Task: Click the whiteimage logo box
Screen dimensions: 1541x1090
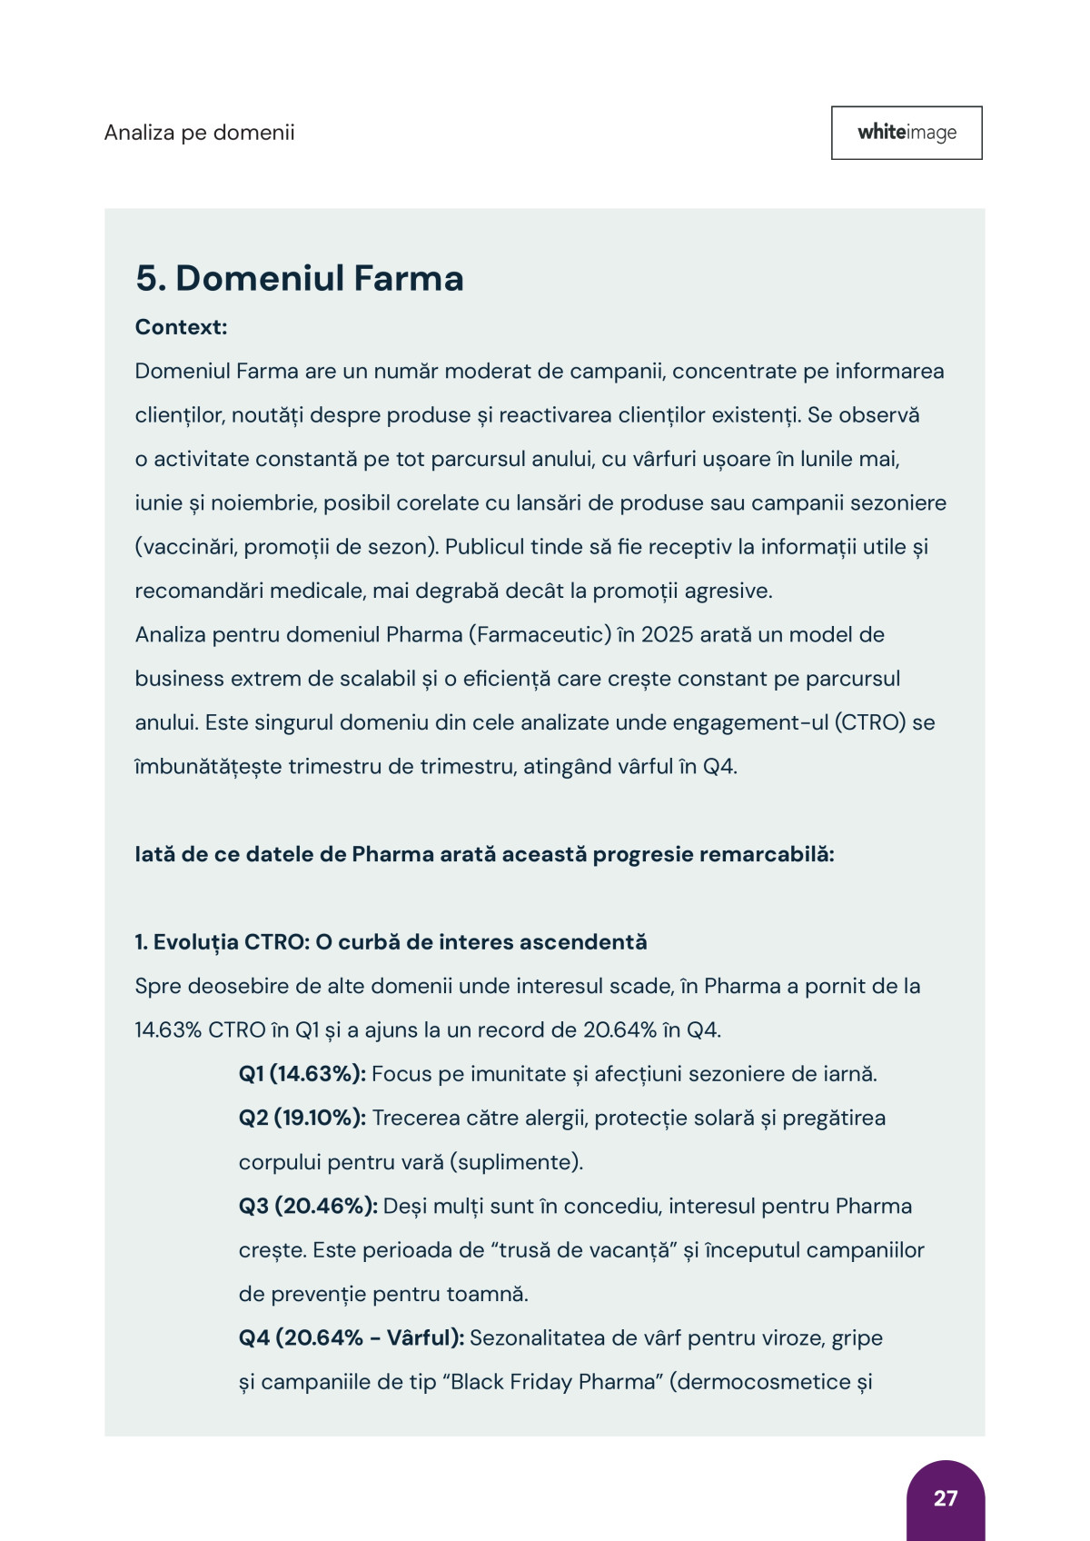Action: [x=907, y=133]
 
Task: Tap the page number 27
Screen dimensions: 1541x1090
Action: [x=946, y=1498]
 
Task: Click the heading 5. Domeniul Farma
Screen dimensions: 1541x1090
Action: [x=299, y=278]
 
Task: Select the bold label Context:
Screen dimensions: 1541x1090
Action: [x=181, y=327]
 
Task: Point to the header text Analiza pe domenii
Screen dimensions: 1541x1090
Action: [x=199, y=133]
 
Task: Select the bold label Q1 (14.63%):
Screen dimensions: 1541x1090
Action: [x=302, y=1074]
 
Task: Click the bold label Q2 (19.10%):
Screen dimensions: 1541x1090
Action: [x=302, y=1118]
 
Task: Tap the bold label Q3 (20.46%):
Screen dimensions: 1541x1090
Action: [x=308, y=1206]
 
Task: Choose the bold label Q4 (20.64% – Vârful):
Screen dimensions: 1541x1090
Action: [x=352, y=1337]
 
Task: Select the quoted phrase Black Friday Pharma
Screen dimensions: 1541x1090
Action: [x=554, y=1382]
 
